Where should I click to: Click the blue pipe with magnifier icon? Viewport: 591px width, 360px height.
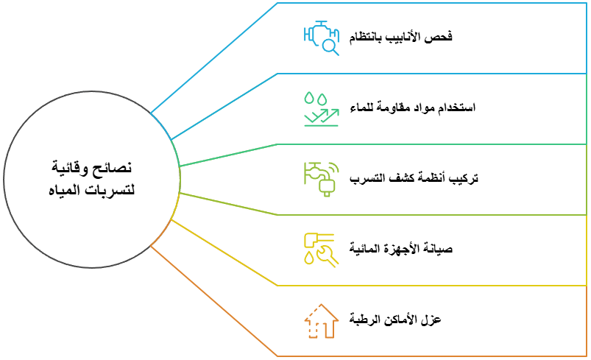321,38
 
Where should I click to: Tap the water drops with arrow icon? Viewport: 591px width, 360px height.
321,108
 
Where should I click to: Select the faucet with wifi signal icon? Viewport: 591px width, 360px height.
321,179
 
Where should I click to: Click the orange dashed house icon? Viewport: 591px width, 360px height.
321,321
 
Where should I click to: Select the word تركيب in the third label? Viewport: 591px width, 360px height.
464,179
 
